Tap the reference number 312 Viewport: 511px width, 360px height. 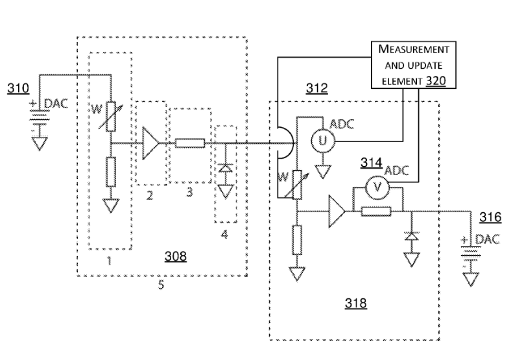318,89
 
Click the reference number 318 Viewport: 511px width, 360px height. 355,302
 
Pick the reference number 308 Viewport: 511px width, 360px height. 174,256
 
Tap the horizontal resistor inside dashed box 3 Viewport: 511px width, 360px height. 191,143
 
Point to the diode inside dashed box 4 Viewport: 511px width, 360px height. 224,169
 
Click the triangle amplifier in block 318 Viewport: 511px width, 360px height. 338,211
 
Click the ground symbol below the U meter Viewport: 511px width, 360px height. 320,171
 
